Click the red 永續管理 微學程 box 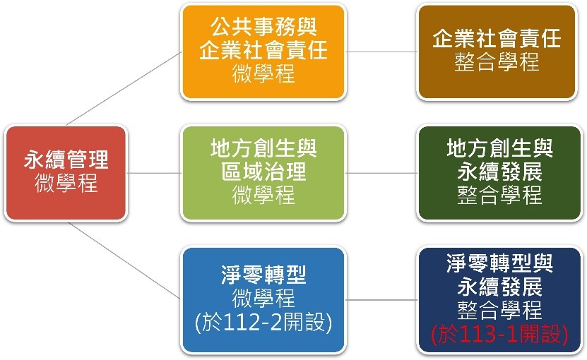66,173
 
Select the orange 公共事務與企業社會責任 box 263,52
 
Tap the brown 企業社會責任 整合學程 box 497,52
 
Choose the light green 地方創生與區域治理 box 263,173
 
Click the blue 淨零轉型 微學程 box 263,300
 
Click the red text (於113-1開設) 499,334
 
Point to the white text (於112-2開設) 263,322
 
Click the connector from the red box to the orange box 124,88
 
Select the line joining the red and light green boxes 154,173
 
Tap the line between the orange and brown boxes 381,52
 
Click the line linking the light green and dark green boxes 381,173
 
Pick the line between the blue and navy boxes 381,300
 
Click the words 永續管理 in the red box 66,160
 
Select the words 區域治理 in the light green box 263,172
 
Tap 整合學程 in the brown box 497,61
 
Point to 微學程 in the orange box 263,73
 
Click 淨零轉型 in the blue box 263,275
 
